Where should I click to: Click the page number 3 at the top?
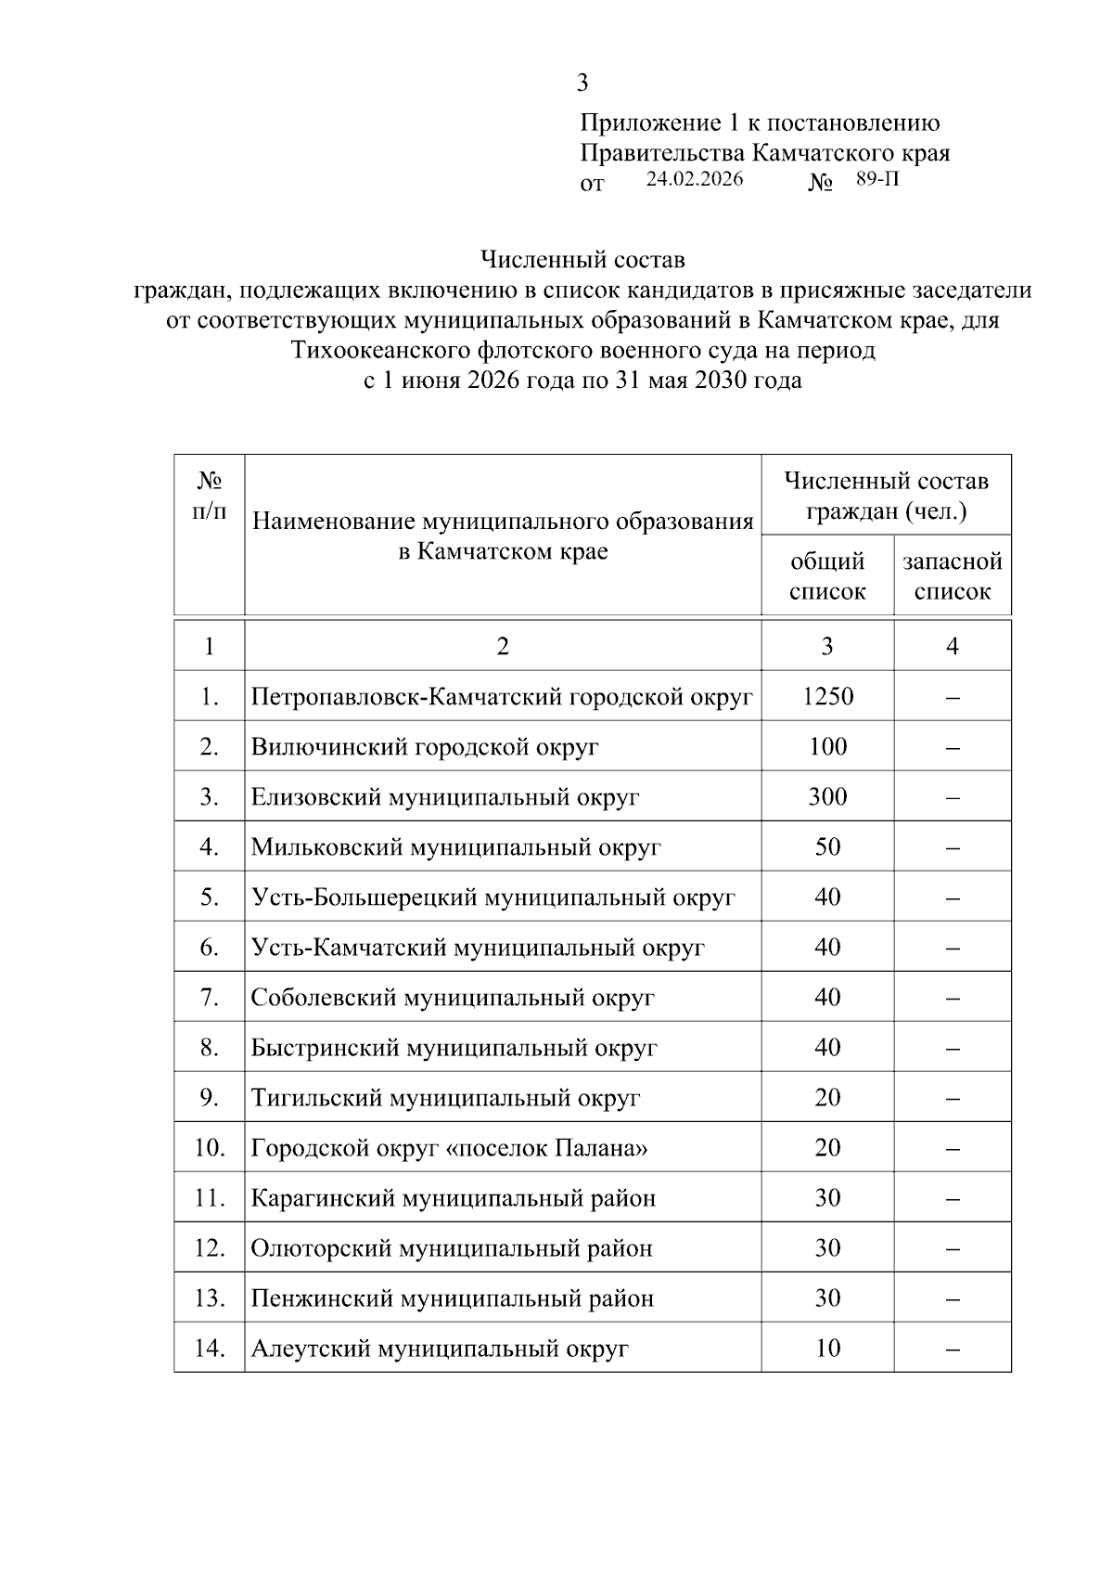[582, 84]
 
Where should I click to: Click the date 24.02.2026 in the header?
[694, 179]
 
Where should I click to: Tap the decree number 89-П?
[876, 179]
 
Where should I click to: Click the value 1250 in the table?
[827, 696]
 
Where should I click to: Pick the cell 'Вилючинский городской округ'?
[425, 746]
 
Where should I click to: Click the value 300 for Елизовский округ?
[827, 796]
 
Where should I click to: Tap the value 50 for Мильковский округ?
[827, 846]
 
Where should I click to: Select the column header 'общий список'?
[827, 576]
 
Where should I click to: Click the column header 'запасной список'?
[953, 576]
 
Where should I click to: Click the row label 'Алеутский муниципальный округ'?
[440, 1348]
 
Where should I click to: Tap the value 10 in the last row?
[827, 1348]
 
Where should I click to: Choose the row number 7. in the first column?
[210, 997]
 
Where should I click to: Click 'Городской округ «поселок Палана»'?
[449, 1147]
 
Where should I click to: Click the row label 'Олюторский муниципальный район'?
[452, 1247]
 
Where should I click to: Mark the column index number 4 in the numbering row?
[953, 646]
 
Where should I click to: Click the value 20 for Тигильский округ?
[827, 1097]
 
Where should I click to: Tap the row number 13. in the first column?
[210, 1297]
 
